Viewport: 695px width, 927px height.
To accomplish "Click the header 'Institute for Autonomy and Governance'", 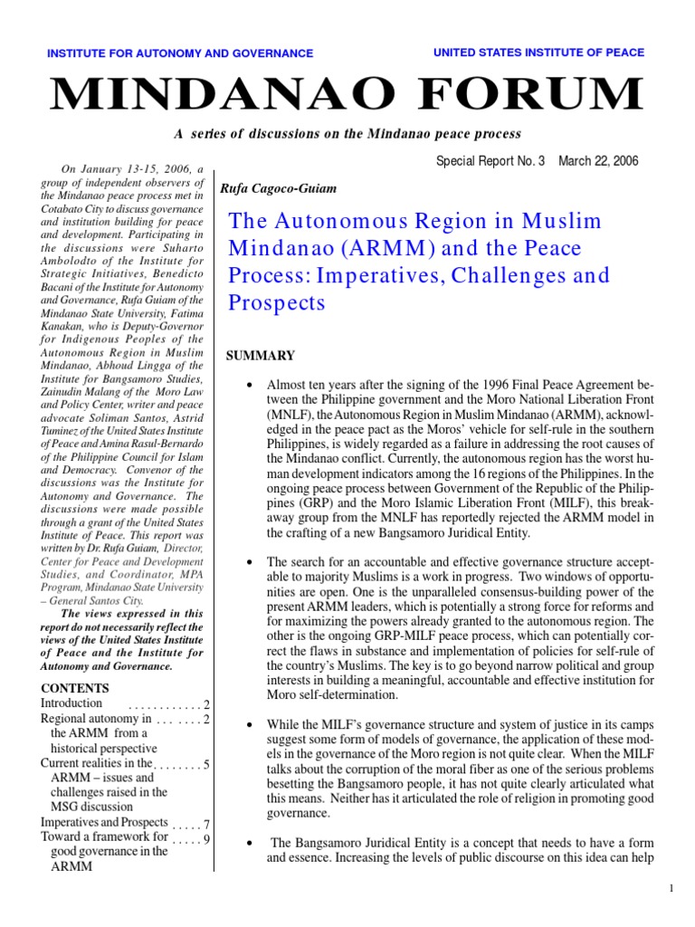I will pos(180,53).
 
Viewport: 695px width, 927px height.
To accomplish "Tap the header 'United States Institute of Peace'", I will pos(539,53).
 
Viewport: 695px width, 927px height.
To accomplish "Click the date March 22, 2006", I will pos(598,161).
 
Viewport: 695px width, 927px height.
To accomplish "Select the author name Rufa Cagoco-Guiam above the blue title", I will pos(273,188).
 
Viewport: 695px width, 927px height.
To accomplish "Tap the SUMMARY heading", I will pos(260,356).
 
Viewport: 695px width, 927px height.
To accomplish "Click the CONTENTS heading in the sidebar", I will pos(75,688).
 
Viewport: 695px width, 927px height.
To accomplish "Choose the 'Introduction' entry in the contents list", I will pos(71,703).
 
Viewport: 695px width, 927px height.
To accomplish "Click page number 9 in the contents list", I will pos(207,839).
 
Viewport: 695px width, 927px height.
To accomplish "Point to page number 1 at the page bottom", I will pos(672,890).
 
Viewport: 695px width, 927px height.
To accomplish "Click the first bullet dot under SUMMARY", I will pos(247,386).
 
